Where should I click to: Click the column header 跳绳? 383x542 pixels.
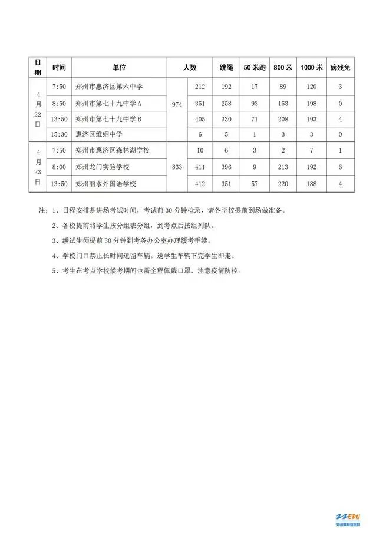pyautogui.click(x=226, y=68)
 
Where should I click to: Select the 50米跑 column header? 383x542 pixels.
pyautogui.click(x=255, y=68)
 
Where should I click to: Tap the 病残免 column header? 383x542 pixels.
pyautogui.click(x=340, y=68)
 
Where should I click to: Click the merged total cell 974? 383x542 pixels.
pyautogui.click(x=177, y=104)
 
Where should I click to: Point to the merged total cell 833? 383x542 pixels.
pyautogui.click(x=177, y=167)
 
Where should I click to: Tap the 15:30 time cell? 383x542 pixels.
pyautogui.click(x=59, y=135)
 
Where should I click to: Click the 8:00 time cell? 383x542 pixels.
pyautogui.click(x=59, y=167)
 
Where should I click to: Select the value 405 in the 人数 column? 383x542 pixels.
pyautogui.click(x=199, y=119)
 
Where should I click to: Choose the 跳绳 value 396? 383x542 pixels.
pyautogui.click(x=226, y=167)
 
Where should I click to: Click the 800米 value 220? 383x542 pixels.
pyautogui.click(x=283, y=184)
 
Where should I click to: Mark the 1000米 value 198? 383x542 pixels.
pyautogui.click(x=311, y=104)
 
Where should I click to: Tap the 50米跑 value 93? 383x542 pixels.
pyautogui.click(x=255, y=104)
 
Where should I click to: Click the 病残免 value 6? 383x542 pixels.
pyautogui.click(x=340, y=167)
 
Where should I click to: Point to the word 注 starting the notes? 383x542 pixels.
pyautogui.click(x=42, y=210)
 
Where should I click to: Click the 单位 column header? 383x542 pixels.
pyautogui.click(x=120, y=68)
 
